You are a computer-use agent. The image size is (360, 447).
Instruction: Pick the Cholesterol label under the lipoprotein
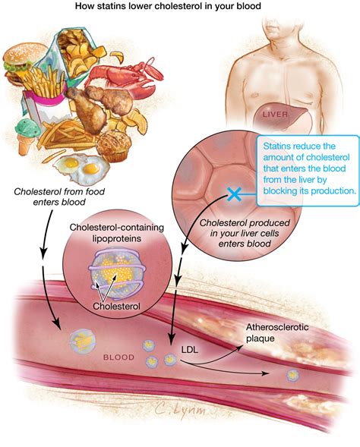click(117, 306)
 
